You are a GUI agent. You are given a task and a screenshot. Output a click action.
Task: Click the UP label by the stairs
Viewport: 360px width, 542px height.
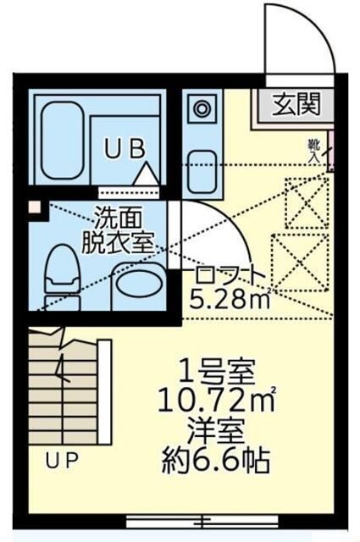(62, 462)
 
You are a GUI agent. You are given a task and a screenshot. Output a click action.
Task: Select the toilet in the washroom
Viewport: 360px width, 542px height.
(62, 275)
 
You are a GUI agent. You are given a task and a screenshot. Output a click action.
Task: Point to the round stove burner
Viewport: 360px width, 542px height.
(203, 108)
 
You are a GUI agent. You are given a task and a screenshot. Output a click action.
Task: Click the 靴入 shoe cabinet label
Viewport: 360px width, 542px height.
(315, 150)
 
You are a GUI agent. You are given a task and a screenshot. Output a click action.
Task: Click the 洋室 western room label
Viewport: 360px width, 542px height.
(217, 431)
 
